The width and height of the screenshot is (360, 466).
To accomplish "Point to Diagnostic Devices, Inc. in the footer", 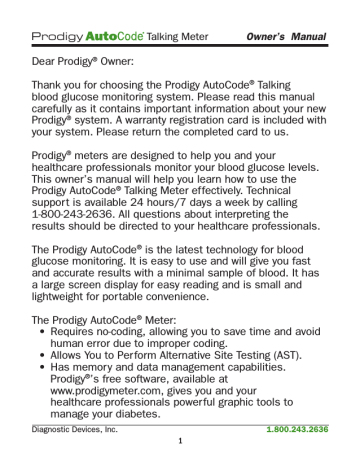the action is pyautogui.click(x=66, y=429).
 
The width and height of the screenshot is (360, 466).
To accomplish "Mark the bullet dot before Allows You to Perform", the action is pyautogui.click(x=36, y=345).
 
